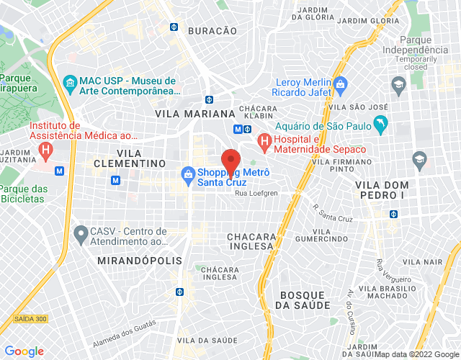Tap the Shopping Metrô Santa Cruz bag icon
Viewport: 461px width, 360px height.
click(x=187, y=174)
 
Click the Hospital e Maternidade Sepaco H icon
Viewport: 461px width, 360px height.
click(x=264, y=139)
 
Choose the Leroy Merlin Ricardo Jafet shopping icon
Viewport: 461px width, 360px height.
click(x=341, y=86)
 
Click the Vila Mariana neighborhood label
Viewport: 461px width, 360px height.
click(x=194, y=114)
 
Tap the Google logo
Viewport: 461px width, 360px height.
click(x=23, y=351)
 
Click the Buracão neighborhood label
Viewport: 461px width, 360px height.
click(x=212, y=31)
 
